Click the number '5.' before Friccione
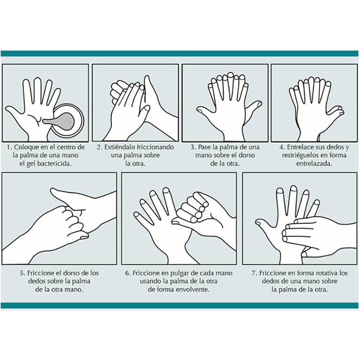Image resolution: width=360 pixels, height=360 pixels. pyautogui.click(x=22, y=273)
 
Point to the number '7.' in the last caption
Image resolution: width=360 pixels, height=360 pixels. pyautogui.click(x=254, y=273)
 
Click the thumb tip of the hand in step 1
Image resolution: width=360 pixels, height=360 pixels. pyautogui.click(x=7, y=108)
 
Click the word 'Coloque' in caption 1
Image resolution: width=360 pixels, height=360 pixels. pyautogui.click(x=26, y=147)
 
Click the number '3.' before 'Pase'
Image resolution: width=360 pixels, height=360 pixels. pyautogui.click(x=193, y=147)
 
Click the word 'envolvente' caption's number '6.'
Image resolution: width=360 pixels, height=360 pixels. pyautogui.click(x=128, y=273)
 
